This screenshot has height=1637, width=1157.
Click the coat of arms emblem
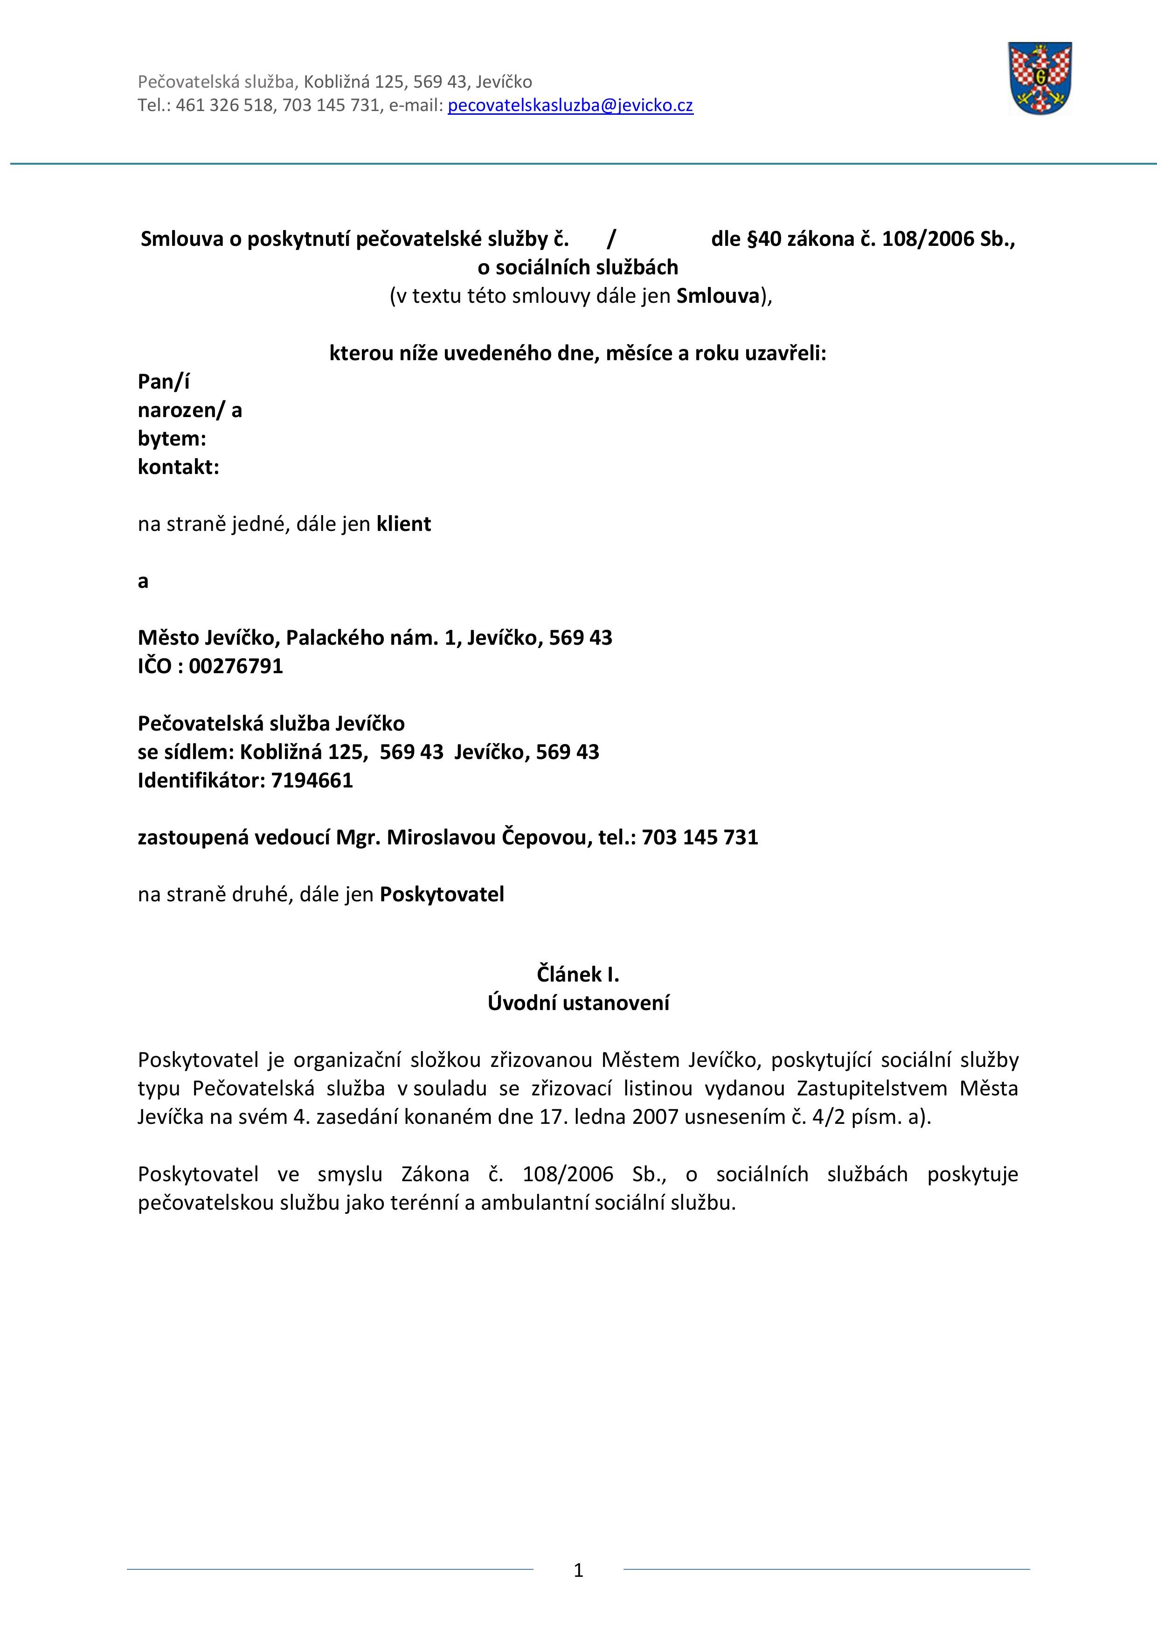(x=1039, y=78)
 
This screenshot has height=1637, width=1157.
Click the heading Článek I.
(x=578, y=974)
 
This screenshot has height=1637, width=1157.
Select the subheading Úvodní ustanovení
(x=578, y=1003)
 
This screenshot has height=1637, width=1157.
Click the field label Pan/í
(x=164, y=382)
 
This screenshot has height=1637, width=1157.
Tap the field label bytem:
(x=172, y=439)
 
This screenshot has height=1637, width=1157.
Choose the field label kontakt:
(x=178, y=468)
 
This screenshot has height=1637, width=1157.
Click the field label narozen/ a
(x=190, y=411)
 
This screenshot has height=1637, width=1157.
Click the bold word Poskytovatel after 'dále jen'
(x=442, y=895)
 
